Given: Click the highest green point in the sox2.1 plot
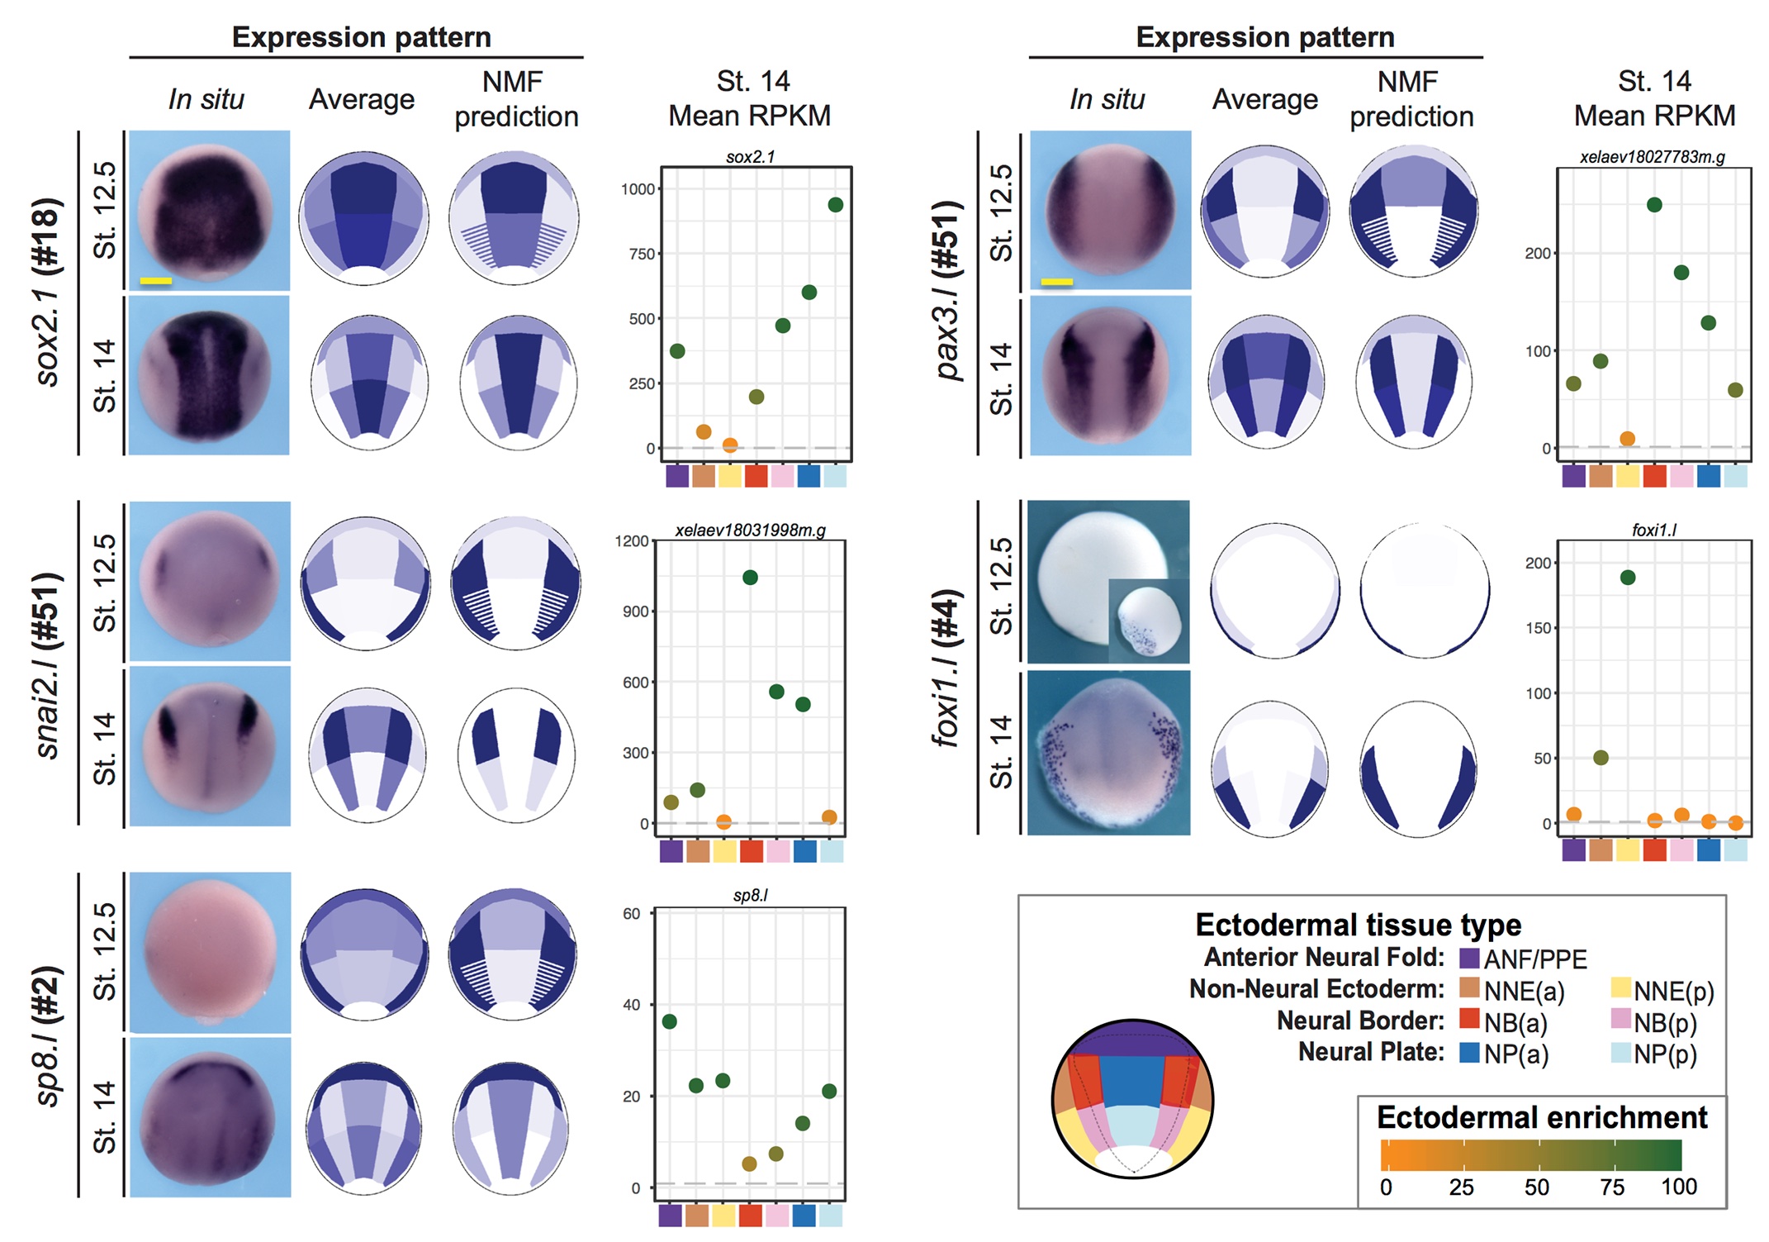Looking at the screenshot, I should pyautogui.click(x=835, y=205).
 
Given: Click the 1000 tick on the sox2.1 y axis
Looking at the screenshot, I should pyautogui.click(x=638, y=189).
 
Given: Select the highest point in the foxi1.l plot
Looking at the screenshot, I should pyautogui.click(x=1627, y=578).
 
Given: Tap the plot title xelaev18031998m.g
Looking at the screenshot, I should pyautogui.click(x=750, y=531).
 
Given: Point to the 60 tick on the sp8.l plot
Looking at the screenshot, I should pyautogui.click(x=632, y=914).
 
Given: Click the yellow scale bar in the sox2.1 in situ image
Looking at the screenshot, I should pyautogui.click(x=155, y=281).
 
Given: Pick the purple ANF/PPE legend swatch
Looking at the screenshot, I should pyautogui.click(x=1469, y=959).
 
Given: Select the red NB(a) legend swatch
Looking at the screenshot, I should pyautogui.click(x=1469, y=1019).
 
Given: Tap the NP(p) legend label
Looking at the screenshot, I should pyautogui.click(x=1665, y=1054).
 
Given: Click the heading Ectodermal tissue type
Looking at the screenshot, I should pyautogui.click(x=1358, y=925).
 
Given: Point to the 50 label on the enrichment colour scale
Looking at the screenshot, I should pyautogui.click(x=1536, y=1187).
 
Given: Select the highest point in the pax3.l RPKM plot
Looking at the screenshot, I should pyautogui.click(x=1653, y=205).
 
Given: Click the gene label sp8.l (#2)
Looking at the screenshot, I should pyautogui.click(x=48, y=1036).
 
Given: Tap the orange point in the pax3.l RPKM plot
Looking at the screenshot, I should pyautogui.click(x=1627, y=439).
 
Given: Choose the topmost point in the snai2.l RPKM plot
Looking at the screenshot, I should pyautogui.click(x=750, y=578).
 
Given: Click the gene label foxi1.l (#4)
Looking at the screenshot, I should pyautogui.click(x=946, y=668).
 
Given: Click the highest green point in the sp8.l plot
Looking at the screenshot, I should pyautogui.click(x=670, y=1021).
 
